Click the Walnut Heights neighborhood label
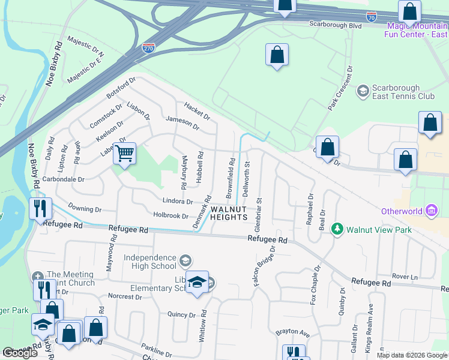pos(229,212)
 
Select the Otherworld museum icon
pos(432,211)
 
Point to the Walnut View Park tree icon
pos(338,229)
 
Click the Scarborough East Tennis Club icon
pos(363,91)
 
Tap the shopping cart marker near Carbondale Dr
pos(125,154)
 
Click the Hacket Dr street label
pos(197,110)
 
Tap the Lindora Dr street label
pos(177,202)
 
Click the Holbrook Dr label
pos(171,215)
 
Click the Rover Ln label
pos(406,277)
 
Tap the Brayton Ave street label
pos(292,332)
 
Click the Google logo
pos(20,353)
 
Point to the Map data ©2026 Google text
pos(412,355)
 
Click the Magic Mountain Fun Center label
pos(417,29)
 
